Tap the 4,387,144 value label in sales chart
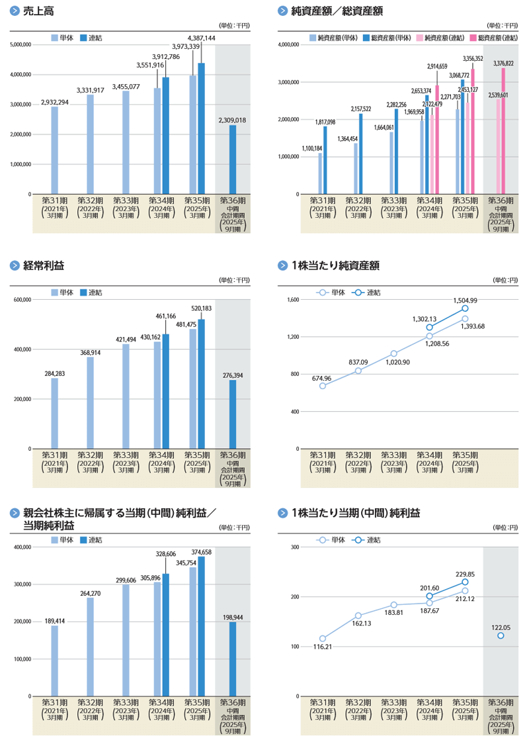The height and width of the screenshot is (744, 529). tap(201, 38)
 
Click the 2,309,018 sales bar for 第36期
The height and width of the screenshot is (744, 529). tap(233, 160)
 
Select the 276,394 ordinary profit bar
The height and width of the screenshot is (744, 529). tap(233, 414)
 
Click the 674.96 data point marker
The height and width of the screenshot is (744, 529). tap(322, 386)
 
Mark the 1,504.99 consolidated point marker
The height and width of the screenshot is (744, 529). tap(465, 308)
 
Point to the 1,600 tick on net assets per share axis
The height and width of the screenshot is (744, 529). tap(294, 300)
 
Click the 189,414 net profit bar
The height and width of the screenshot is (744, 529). tap(54, 661)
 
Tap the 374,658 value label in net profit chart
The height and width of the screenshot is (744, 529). tap(200, 552)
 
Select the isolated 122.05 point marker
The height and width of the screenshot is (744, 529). tap(501, 635)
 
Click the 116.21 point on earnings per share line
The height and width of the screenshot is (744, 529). tap(322, 639)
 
